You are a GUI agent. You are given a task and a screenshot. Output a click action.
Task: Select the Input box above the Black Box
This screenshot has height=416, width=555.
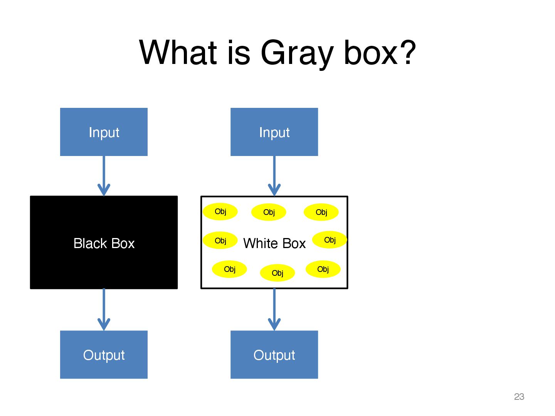click(x=104, y=132)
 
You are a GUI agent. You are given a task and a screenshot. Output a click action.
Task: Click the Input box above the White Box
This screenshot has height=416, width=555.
click(x=274, y=132)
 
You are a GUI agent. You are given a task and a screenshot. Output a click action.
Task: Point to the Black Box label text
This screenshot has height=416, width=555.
click(x=104, y=243)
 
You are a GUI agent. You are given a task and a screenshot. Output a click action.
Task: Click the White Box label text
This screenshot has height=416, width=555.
click(x=274, y=243)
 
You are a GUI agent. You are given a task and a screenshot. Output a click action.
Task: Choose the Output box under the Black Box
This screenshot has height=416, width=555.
click(x=104, y=355)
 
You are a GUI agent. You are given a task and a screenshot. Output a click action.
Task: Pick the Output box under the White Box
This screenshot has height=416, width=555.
click(x=274, y=355)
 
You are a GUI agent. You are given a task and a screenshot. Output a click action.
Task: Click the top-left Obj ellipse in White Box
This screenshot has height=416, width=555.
click(x=220, y=211)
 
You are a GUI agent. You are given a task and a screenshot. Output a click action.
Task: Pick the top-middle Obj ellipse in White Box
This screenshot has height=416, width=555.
click(x=269, y=212)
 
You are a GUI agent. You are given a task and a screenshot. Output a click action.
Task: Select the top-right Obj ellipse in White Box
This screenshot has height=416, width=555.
click(x=321, y=212)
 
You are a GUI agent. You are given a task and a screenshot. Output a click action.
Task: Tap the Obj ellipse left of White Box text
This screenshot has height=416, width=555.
click(x=220, y=241)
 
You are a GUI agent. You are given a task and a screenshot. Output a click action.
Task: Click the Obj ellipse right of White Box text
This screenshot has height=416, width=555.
click(x=330, y=240)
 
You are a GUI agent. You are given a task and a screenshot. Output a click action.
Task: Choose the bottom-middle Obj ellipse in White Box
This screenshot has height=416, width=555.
click(x=277, y=273)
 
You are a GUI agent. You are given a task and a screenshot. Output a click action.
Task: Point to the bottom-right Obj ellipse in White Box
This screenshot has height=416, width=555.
click(x=323, y=269)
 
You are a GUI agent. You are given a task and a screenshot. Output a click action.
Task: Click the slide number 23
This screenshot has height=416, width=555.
click(x=519, y=397)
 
